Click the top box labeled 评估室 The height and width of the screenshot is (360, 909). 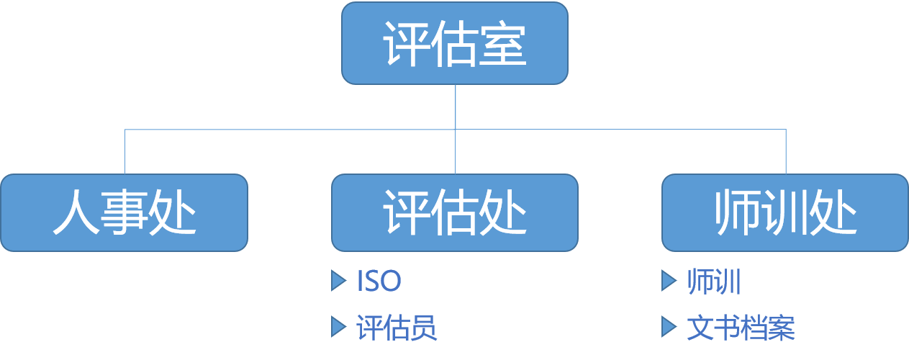pyautogui.click(x=454, y=43)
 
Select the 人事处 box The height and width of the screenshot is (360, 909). pyautogui.click(x=124, y=212)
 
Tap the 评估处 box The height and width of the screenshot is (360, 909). pyautogui.click(x=454, y=212)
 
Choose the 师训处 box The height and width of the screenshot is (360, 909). pyautogui.click(x=784, y=212)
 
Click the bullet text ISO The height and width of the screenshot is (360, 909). pyautogui.click(x=379, y=282)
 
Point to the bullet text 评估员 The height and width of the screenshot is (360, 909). pyautogui.click(x=397, y=328)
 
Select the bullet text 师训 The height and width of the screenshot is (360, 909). pyautogui.click(x=714, y=282)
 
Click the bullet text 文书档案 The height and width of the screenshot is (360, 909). pyautogui.click(x=741, y=328)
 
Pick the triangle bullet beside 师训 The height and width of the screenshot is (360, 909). pyautogui.click(x=669, y=282)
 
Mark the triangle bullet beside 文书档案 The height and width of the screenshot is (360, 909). pyautogui.click(x=669, y=328)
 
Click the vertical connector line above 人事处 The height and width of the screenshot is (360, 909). pyautogui.click(x=125, y=152)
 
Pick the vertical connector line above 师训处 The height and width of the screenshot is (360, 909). pyautogui.click(x=785, y=152)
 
